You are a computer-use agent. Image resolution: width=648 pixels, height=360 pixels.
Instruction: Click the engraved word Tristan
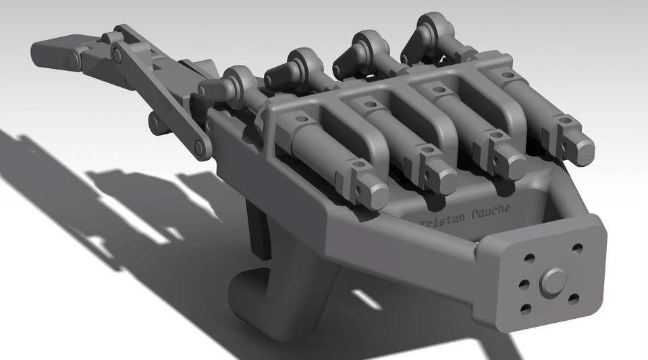click(x=440, y=220)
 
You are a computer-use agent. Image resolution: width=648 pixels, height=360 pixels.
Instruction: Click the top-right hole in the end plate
click(x=577, y=249)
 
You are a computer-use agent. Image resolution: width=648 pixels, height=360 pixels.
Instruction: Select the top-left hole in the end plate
click(x=529, y=258)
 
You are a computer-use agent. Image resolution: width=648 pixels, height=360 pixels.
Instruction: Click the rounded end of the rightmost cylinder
click(x=580, y=151)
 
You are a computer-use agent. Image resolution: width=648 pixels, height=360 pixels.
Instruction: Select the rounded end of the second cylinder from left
click(x=446, y=179)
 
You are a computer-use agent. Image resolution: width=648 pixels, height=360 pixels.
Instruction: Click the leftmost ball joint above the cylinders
click(x=237, y=82)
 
